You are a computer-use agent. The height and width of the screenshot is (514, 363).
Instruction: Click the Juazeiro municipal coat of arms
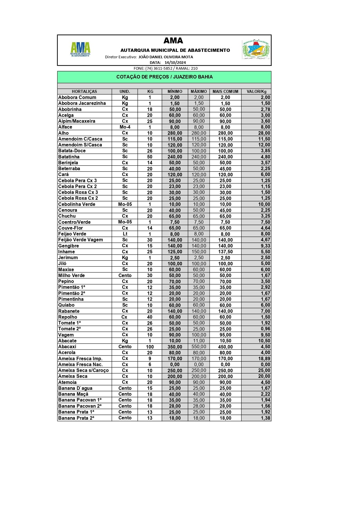(x=255, y=50)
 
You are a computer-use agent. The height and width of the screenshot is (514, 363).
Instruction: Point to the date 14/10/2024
(x=175, y=62)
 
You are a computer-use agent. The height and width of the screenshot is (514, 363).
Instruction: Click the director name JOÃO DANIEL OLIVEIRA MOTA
(x=166, y=57)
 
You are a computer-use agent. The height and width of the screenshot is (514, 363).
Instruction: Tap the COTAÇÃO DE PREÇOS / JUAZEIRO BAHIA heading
(x=164, y=77)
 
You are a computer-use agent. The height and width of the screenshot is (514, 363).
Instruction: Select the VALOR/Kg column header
(x=256, y=91)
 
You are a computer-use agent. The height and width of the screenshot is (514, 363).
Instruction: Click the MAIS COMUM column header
(x=225, y=91)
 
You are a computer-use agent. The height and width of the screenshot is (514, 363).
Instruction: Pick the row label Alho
(x=63, y=133)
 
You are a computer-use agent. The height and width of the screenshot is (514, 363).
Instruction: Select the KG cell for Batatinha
(x=149, y=157)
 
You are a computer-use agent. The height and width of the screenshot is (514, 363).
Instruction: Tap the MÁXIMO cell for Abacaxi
(x=199, y=347)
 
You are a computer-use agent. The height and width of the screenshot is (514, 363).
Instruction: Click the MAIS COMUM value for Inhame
(x=225, y=252)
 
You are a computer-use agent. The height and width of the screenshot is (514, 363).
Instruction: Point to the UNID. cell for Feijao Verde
(x=125, y=234)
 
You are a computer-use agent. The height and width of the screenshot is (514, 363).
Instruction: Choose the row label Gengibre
(x=68, y=246)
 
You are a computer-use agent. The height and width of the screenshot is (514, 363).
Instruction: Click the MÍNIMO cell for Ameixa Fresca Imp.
(x=175, y=358)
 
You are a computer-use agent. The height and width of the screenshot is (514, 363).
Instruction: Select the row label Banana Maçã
(x=73, y=394)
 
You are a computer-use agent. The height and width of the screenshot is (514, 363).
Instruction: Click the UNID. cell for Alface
(x=125, y=127)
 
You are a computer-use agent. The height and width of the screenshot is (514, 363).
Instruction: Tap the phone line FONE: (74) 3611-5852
(x=166, y=68)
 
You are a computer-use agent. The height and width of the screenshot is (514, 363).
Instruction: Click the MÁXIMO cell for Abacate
(x=199, y=341)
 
